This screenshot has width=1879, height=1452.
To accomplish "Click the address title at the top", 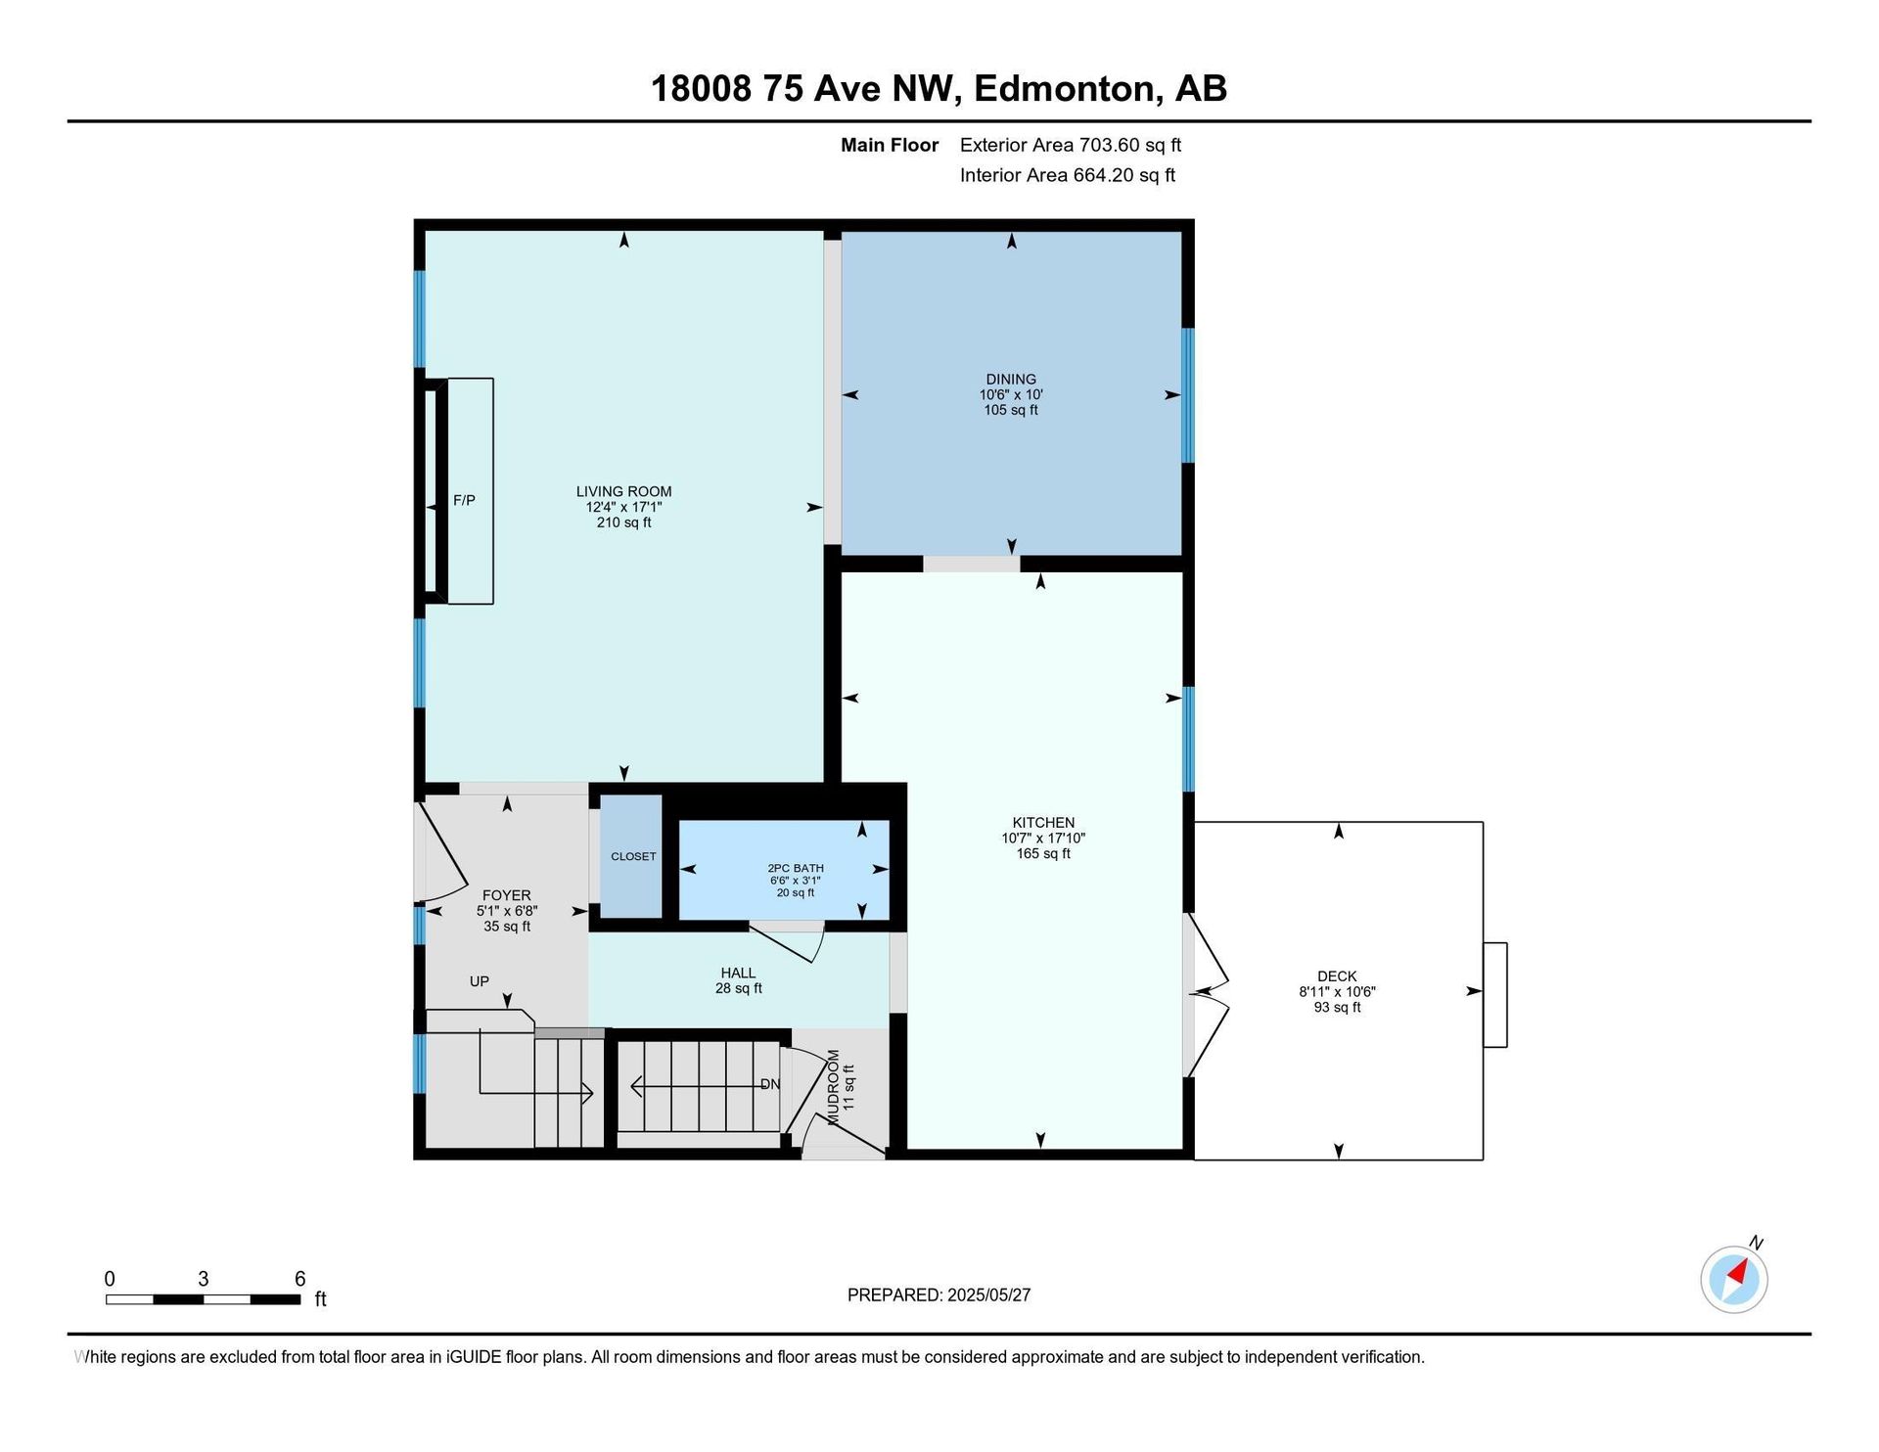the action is coord(939,89).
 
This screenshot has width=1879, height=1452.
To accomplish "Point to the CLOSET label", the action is coord(633,856).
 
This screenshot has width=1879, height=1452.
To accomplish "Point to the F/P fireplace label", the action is coord(464,500).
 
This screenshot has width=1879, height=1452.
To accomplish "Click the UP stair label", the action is coord(479,981).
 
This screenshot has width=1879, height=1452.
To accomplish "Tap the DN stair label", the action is coord(771,1084).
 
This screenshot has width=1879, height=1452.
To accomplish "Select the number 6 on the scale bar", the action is coord(300,1279).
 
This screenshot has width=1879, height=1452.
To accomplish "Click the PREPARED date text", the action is coord(939,1295).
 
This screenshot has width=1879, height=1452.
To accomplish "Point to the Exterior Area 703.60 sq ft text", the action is coord(1071,145).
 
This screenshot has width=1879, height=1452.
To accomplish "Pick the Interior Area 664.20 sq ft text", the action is coord(1068,175).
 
